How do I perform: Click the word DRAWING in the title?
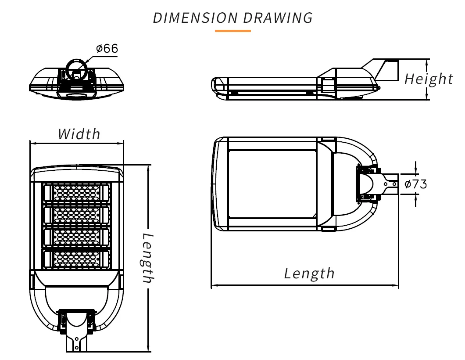278,18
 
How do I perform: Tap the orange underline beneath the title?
232,31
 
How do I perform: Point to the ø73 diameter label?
415,184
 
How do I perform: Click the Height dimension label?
429,79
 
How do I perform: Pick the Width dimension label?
79,134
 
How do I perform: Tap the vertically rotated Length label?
148,258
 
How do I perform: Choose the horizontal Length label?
309,274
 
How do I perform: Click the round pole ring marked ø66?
77,69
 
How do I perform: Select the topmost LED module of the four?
76,192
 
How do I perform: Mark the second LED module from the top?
76,214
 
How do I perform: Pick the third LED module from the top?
76,236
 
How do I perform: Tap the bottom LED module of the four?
76,259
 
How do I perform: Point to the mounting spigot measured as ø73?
392,184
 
